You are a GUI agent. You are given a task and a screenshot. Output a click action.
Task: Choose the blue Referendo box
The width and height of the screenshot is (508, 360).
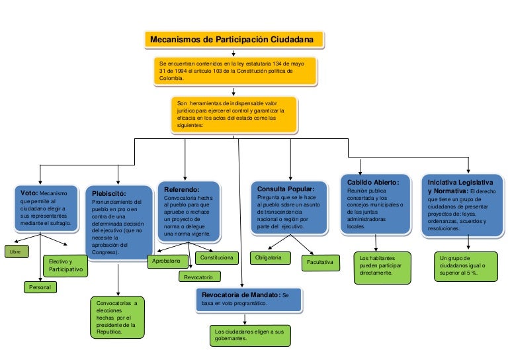(x=189, y=211)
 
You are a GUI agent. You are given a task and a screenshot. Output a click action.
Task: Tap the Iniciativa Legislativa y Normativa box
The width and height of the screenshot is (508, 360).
(x=463, y=204)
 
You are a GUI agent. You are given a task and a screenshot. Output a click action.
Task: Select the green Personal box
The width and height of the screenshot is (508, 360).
(x=40, y=287)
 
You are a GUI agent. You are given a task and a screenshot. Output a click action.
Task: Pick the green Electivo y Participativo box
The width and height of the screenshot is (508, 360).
(x=65, y=266)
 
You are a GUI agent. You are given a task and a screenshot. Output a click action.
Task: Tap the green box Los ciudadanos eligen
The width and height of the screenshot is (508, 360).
(x=249, y=334)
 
